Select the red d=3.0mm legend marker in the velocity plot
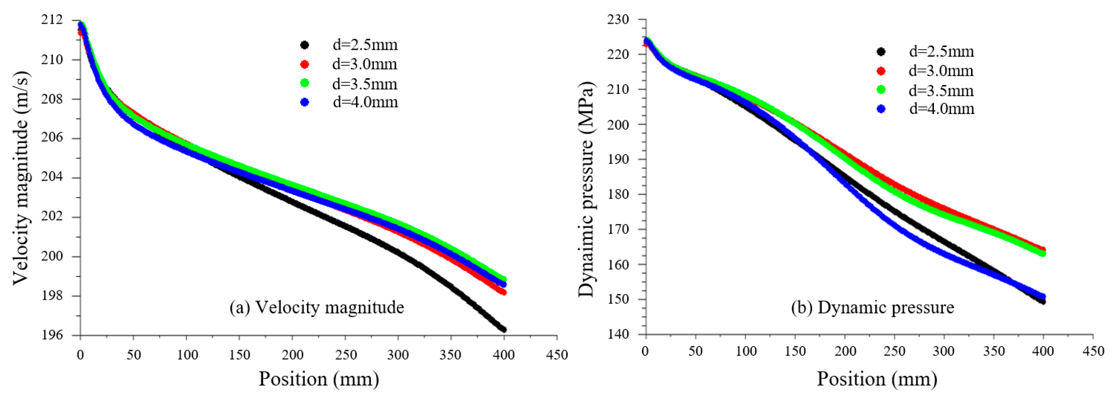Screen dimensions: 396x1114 (304, 64)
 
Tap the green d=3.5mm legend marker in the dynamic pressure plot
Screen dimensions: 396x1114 (881, 90)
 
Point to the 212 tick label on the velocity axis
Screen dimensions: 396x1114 (52, 20)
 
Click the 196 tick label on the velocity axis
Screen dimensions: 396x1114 (52, 335)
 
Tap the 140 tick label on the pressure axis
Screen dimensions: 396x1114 (618, 334)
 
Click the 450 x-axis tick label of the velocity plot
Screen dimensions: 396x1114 (556, 355)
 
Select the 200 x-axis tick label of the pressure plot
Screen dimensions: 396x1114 (844, 351)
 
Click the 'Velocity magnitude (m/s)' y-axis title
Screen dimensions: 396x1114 (21, 178)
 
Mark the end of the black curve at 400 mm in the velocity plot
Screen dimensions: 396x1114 (503, 329)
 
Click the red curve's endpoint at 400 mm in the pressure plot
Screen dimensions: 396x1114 (1043, 250)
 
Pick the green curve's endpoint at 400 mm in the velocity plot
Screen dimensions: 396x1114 (503, 279)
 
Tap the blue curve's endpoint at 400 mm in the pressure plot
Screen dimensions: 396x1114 (1043, 297)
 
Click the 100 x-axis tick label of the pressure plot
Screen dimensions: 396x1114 (746, 351)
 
